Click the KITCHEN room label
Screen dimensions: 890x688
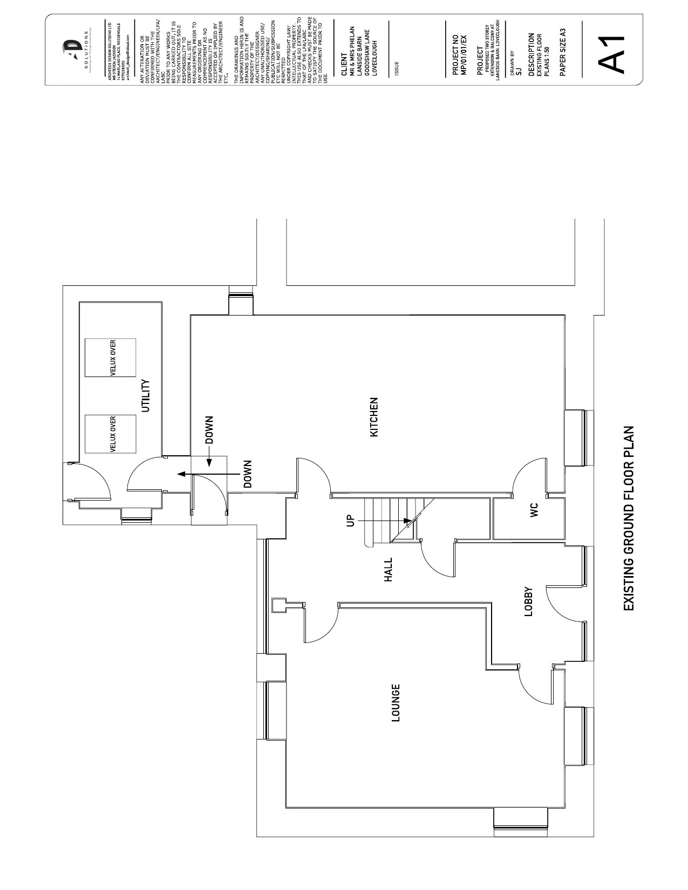[374, 417]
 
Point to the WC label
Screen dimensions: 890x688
[534, 510]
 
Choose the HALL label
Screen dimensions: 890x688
[388, 570]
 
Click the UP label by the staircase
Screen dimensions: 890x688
[350, 521]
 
